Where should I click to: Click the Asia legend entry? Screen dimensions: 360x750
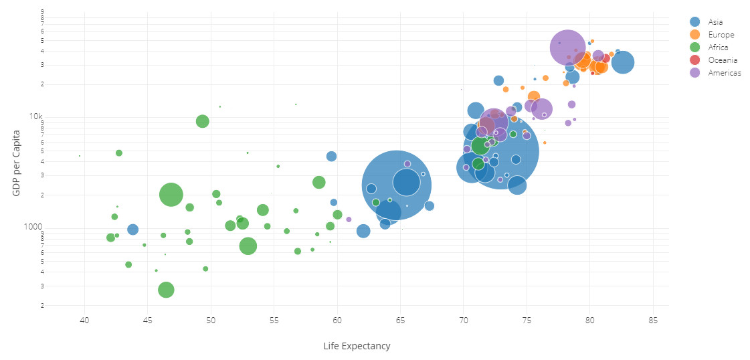pyautogui.click(x=715, y=22)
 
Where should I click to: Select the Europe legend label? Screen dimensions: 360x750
pyautogui.click(x=721, y=35)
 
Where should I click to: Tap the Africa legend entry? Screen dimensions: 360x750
pyautogui.click(x=717, y=48)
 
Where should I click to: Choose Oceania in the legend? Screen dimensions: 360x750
pyautogui.click(x=723, y=60)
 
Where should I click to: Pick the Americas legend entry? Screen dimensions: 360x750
pyautogui.click(x=724, y=73)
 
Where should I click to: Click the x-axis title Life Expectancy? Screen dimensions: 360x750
pyautogui.click(x=357, y=346)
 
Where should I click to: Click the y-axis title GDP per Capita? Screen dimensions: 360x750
pyautogui.click(x=16, y=163)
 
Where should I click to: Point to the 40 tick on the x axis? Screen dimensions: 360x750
pyautogui.click(x=85, y=322)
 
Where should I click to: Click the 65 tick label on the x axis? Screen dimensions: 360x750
pyautogui.click(x=401, y=322)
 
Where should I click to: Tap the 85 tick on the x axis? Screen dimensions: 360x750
pyautogui.click(x=653, y=322)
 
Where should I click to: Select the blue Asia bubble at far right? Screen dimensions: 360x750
pyautogui.click(x=623, y=62)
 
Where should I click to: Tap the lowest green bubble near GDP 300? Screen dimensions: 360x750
pyautogui.click(x=167, y=290)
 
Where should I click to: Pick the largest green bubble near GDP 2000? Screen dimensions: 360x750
pyautogui.click(x=171, y=195)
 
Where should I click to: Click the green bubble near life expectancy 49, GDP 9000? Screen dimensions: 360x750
pyautogui.click(x=203, y=121)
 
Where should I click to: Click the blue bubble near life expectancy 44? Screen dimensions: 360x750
pyautogui.click(x=132, y=230)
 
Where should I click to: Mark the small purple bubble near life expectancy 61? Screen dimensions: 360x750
pyautogui.click(x=349, y=219)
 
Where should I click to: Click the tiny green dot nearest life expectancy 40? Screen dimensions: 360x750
pyautogui.click(x=80, y=156)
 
